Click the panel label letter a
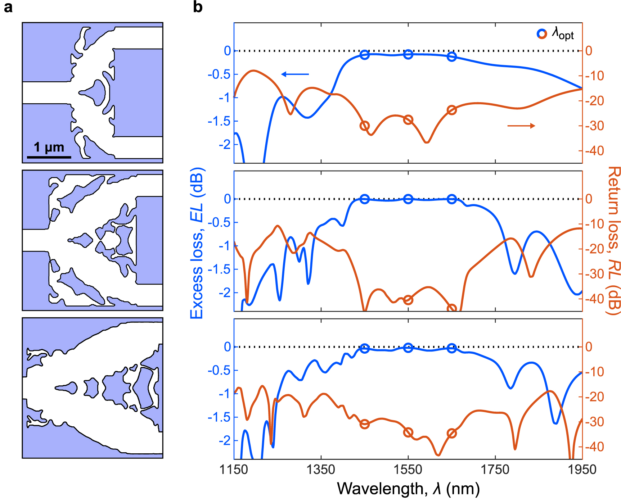click(8, 7)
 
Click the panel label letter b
click(198, 7)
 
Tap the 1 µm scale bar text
click(49, 147)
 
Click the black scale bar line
click(49, 157)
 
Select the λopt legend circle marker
click(541, 34)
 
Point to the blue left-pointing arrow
click(295, 74)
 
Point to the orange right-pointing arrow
click(521, 126)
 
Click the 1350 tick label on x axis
click(321, 470)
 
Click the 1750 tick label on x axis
click(495, 470)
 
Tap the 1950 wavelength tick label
click(582, 470)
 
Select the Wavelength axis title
click(408, 489)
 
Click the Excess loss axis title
click(197, 243)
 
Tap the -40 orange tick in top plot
click(594, 151)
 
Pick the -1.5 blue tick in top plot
click(219, 121)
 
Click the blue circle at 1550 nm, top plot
click(408, 54)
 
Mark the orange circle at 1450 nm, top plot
click(364, 126)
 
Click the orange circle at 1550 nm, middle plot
click(408, 300)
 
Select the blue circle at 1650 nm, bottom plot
click(452, 348)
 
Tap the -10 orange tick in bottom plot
click(594, 372)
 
